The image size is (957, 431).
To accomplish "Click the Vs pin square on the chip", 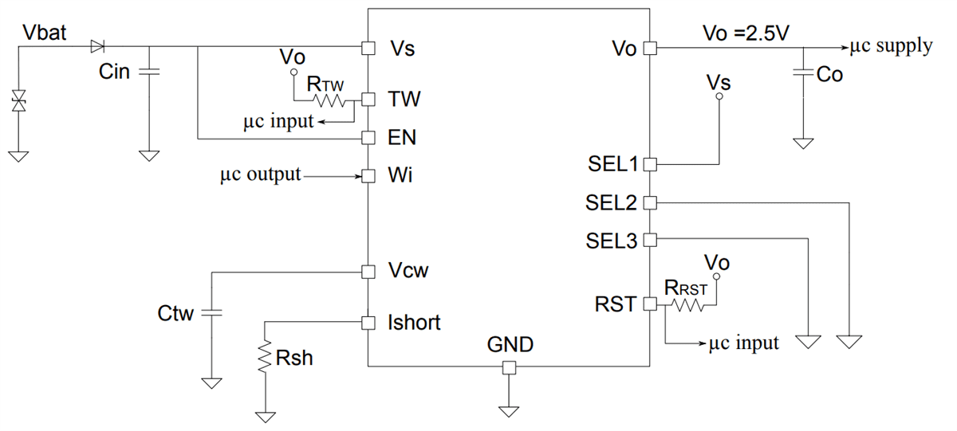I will click(368, 48).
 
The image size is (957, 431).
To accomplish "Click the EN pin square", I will click(368, 138).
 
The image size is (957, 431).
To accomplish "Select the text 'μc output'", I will click(261, 174).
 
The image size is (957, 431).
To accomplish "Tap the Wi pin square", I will click(368, 175).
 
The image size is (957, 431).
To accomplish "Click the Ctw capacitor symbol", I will click(212, 312).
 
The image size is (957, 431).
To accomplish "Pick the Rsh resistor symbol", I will click(265, 358).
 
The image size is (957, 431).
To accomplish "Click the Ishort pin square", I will click(368, 323).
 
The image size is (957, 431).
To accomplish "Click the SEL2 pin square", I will click(649, 202).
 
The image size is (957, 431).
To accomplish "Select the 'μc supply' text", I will click(891, 46).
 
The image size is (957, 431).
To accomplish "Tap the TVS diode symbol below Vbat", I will click(17, 101).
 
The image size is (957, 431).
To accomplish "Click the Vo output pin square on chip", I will click(649, 48).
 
